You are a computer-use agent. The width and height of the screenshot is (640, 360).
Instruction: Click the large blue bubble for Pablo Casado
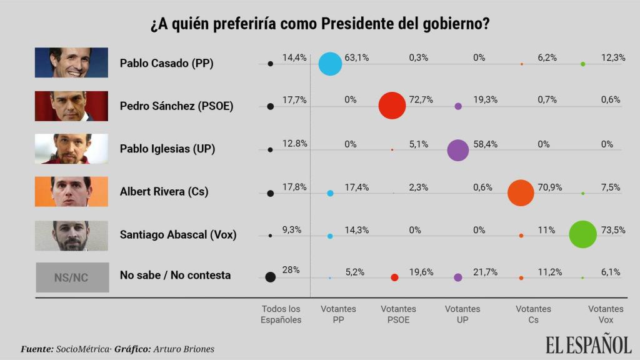[330, 64]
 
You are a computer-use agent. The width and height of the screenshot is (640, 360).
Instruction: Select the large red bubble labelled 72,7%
[392, 106]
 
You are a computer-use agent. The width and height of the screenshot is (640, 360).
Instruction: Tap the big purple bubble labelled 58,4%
[458, 150]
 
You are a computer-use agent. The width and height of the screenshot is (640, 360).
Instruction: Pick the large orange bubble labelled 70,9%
[521, 192]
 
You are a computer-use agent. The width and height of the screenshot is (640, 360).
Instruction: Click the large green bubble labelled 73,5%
[583, 235]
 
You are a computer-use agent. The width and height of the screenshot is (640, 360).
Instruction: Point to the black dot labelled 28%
[271, 277]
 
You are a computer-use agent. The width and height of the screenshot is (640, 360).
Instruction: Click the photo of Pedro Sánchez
[71, 106]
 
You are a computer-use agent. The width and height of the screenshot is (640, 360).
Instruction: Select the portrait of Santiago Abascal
[71, 236]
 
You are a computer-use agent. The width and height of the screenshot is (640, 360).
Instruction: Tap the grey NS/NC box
[71, 277]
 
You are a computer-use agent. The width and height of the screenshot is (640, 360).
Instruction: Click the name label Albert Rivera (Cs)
[164, 192]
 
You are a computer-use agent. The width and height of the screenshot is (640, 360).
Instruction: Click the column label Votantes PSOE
[398, 314]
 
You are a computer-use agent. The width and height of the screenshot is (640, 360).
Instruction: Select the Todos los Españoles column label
[281, 314]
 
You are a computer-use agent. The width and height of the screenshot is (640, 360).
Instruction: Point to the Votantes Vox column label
[606, 314]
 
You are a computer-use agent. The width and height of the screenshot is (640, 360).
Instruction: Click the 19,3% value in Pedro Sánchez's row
[483, 100]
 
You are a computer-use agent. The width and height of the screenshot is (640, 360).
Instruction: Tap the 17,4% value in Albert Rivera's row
[357, 187]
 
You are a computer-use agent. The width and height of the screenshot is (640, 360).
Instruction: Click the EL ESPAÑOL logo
[588, 344]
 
